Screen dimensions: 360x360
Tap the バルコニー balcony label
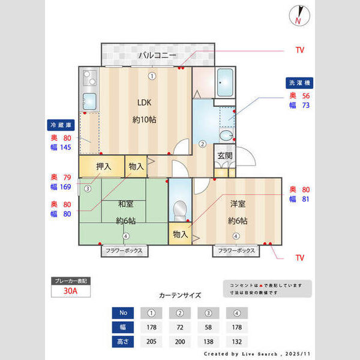tap(157, 55)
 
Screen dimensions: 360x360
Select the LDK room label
tap(145, 101)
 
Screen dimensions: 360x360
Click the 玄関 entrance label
tap(225, 155)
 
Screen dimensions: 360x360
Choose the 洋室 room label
tap(238, 204)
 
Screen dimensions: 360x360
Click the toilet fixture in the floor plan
tap(179, 211)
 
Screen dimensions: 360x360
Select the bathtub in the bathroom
tap(226, 82)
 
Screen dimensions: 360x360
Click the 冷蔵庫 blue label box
tap(61, 125)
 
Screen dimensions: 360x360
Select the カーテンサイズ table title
tap(180, 295)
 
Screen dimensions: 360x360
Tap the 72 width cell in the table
tap(180, 327)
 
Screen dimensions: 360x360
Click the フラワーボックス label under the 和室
tap(124, 250)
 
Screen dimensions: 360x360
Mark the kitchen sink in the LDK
tap(89, 100)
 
